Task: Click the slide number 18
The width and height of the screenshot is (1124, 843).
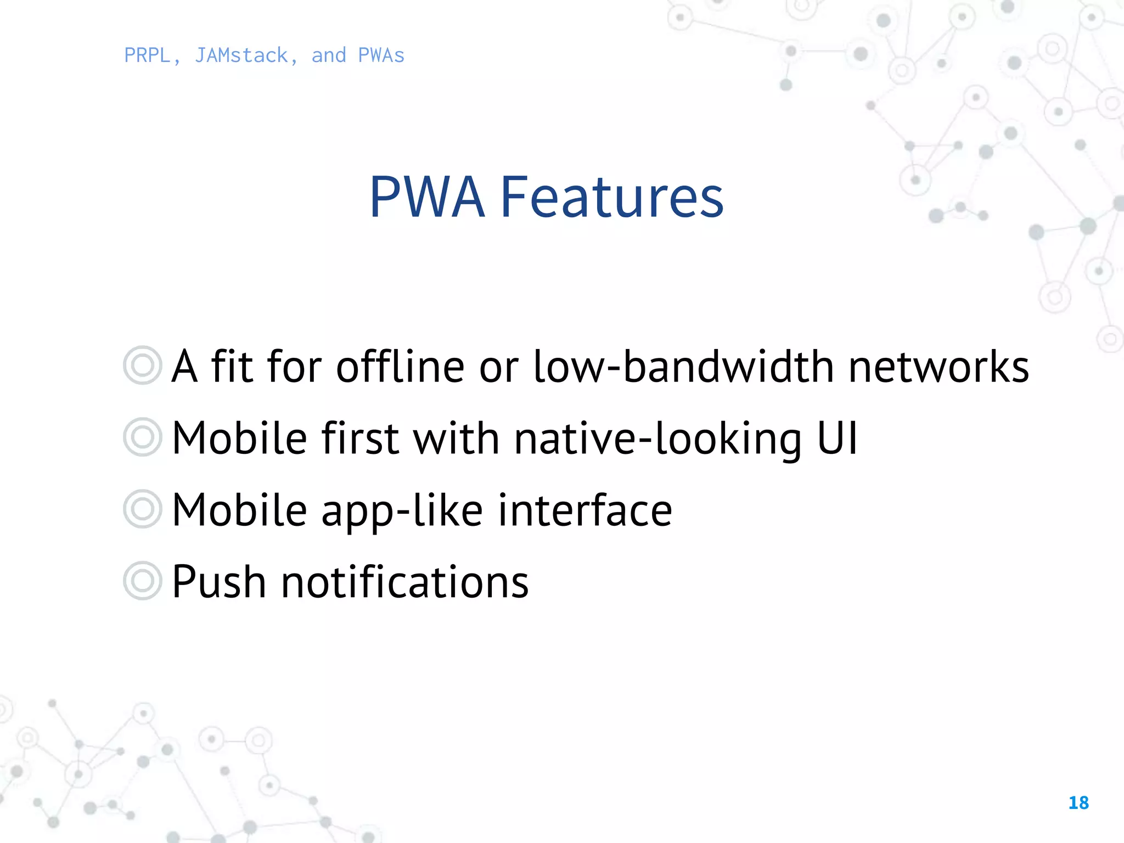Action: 1078,803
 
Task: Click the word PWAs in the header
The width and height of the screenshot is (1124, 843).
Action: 381,55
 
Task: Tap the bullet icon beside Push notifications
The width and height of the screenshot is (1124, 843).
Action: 143,581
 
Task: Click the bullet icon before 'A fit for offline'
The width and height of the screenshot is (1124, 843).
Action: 143,366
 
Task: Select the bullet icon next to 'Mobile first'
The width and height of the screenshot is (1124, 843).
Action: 143,437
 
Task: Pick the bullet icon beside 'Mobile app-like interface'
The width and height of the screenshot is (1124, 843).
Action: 143,509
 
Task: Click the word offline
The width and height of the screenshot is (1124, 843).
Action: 400,367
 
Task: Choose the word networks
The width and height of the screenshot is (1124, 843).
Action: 938,367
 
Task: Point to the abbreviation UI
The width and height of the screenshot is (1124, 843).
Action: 837,439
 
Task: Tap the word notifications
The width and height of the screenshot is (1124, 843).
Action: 405,582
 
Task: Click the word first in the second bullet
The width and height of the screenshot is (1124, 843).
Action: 360,439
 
